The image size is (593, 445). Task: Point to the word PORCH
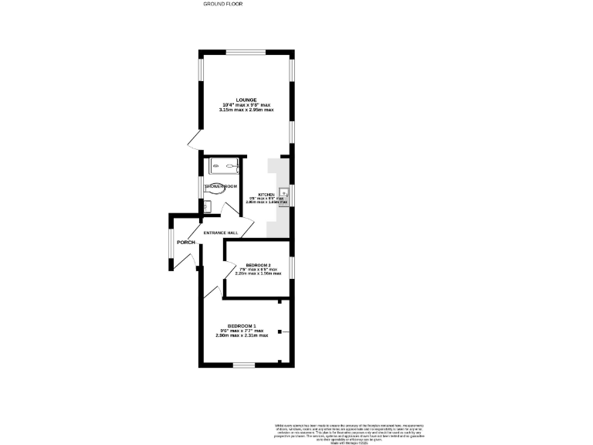pos(185,243)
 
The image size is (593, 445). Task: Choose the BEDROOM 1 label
pos(242,325)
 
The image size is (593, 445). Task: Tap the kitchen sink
pos(284,193)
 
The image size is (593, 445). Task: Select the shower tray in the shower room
pos(222,165)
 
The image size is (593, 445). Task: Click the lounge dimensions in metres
pos(247,110)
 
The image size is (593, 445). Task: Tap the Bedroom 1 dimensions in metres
pos(242,335)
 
